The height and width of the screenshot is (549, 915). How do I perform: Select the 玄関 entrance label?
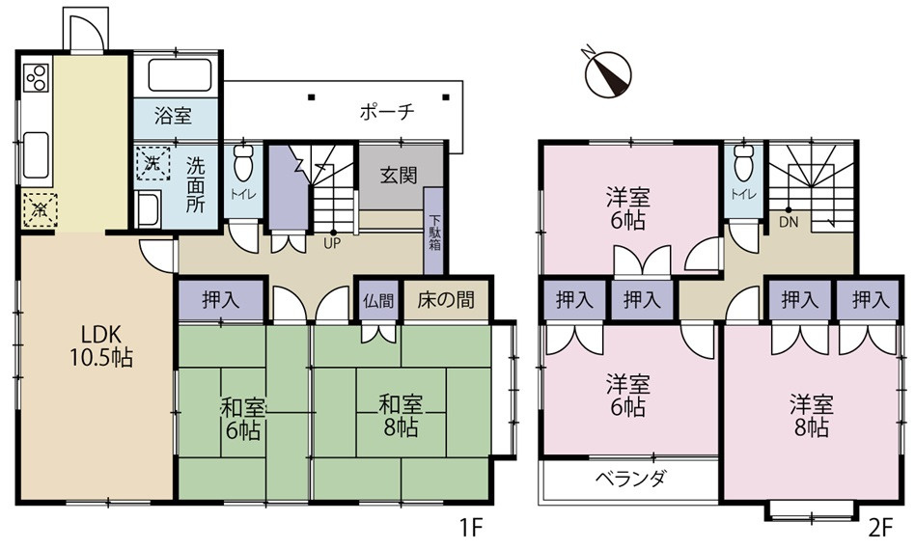pyautogui.click(x=398, y=176)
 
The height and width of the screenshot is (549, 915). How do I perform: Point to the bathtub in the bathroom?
pyautogui.click(x=179, y=75)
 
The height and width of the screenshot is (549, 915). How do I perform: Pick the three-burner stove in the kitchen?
pyautogui.click(x=36, y=76)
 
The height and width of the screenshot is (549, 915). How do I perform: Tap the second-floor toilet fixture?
pyautogui.click(x=743, y=163)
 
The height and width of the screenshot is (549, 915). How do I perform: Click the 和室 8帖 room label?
pyautogui.click(x=398, y=415)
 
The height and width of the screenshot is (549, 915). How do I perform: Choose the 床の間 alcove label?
pyautogui.click(x=446, y=300)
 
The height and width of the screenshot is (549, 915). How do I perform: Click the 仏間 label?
pyautogui.click(x=378, y=300)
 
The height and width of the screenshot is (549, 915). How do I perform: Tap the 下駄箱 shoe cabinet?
pyautogui.click(x=433, y=232)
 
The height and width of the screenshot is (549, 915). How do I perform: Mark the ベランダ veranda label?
pyautogui.click(x=629, y=479)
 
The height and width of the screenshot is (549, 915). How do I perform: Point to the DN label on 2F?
pyautogui.click(x=789, y=222)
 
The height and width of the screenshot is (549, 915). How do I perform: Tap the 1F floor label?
pyautogui.click(x=470, y=529)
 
